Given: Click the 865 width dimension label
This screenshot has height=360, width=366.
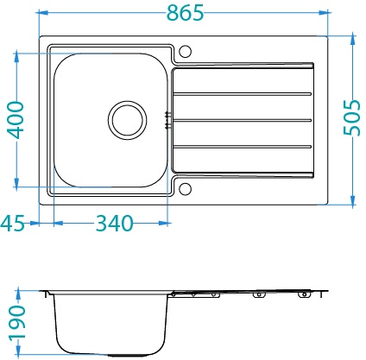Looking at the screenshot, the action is (186, 13).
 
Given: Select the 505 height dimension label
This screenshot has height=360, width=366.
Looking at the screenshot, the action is (351, 117).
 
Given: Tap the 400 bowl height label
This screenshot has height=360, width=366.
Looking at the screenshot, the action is (15, 120).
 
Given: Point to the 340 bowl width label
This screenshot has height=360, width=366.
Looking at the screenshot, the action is (114, 224).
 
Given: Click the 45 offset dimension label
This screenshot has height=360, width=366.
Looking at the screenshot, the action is (13, 224).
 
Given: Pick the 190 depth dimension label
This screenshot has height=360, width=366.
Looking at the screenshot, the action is (16, 323).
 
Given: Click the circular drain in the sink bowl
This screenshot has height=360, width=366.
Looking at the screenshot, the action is (128, 120).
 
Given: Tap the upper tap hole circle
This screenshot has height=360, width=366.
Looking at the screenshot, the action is (185, 51).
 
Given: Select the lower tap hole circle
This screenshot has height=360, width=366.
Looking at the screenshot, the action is (185, 189).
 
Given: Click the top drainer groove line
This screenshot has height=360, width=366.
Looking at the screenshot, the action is (243, 94).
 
